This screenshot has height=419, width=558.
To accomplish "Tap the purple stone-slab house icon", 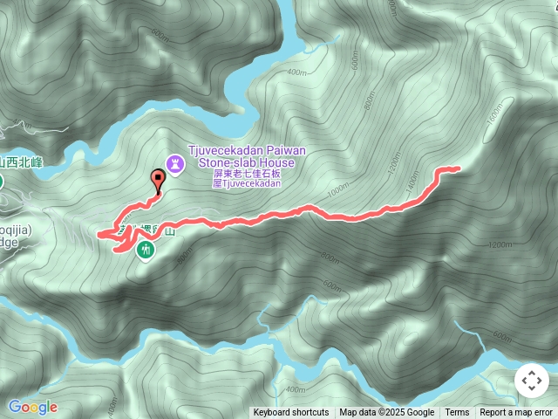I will click(175, 162).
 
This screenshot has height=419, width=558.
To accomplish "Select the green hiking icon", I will click(145, 251).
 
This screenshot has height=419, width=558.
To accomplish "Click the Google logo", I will click(33, 407).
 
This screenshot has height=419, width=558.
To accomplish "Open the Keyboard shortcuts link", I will click(291, 413).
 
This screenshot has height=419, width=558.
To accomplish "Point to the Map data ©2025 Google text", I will click(387, 413).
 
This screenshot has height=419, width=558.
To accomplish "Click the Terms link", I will click(457, 413).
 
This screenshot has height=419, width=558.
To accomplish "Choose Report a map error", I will click(516, 413).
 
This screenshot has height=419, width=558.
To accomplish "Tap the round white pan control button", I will click(531, 381).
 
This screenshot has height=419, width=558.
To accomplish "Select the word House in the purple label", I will click(280, 162).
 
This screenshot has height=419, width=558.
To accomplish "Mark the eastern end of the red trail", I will click(457, 168).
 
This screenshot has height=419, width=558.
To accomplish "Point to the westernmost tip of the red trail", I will click(99, 234).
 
